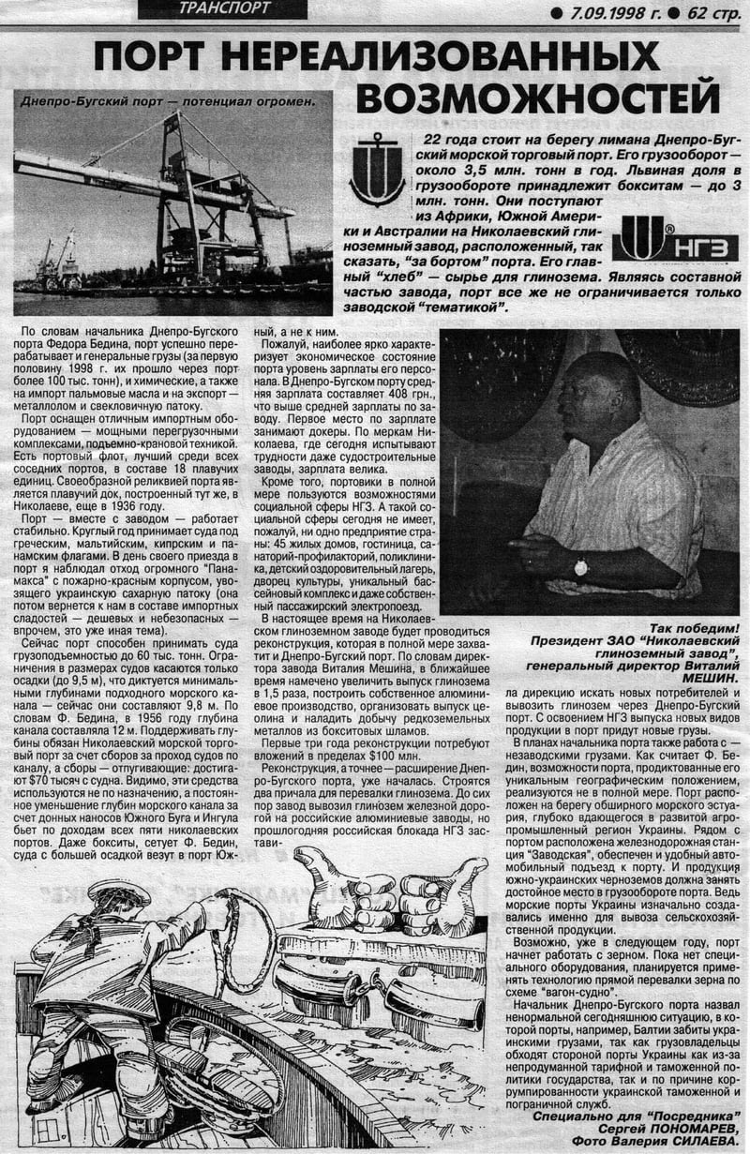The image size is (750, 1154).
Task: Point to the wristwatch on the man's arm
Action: (x=581, y=566)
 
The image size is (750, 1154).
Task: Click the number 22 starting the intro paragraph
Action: (x=423, y=140)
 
